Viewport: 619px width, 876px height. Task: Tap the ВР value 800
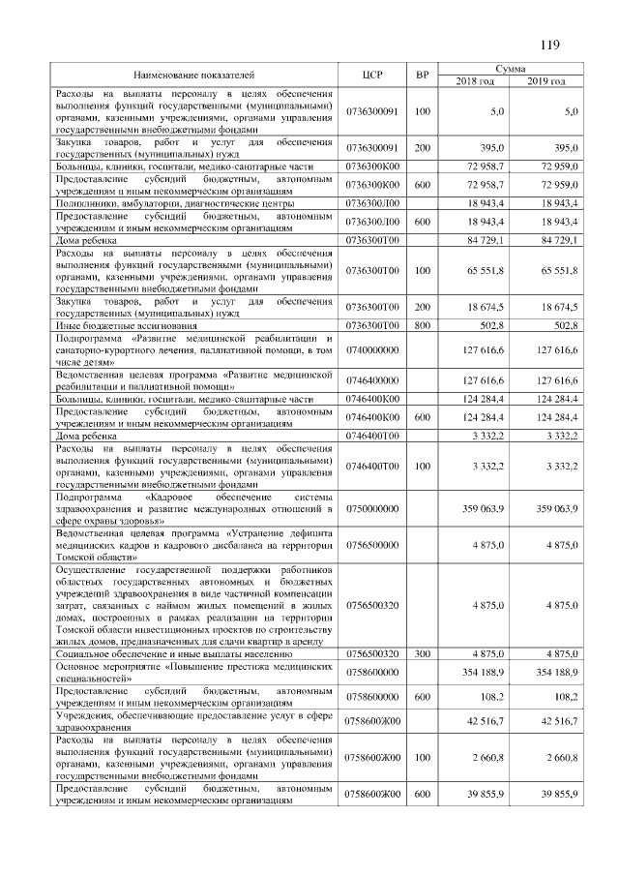tap(422, 326)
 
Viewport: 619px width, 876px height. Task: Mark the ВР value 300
tap(422, 654)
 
